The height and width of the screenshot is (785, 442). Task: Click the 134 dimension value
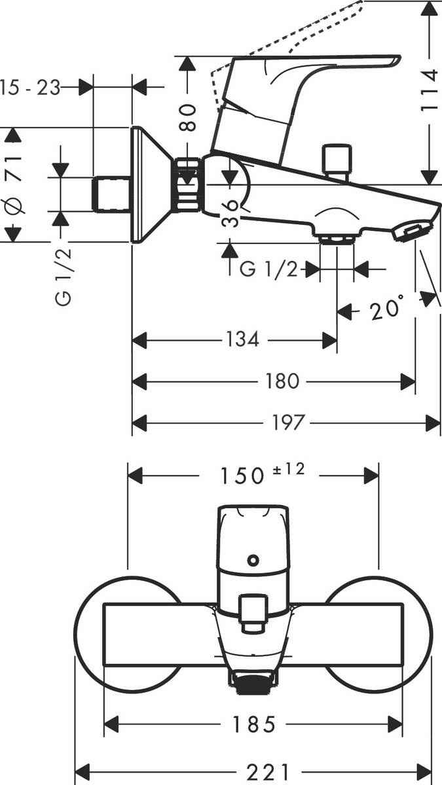(x=244, y=340)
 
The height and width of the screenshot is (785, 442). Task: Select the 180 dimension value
(x=283, y=381)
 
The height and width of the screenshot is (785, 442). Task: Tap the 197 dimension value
(x=287, y=423)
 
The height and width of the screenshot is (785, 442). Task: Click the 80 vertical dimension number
(x=189, y=117)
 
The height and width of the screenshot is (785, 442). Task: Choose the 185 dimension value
(x=253, y=724)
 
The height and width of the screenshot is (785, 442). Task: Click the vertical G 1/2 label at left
(x=64, y=279)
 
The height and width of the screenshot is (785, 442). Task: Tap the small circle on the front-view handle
(x=252, y=560)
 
